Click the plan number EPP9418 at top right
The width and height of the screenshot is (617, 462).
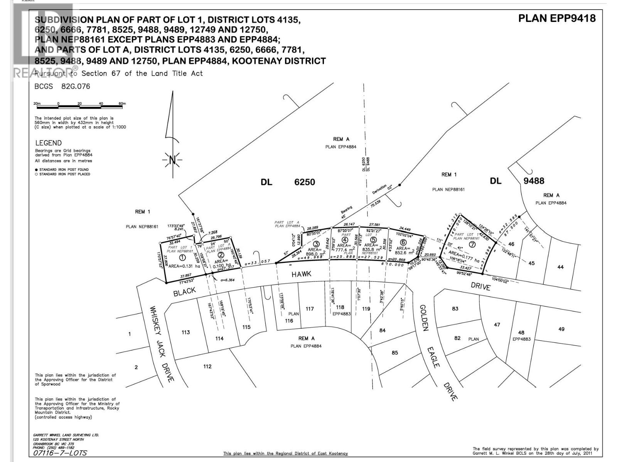pos(556,18)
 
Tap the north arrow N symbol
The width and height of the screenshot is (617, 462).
pos(172,159)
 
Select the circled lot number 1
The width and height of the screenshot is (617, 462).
pos(182,258)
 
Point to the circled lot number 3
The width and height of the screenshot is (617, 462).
pos(316,244)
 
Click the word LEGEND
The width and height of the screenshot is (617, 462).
pos(48,143)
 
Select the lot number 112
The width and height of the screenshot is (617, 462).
pos(207,366)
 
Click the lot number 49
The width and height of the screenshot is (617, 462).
pos(561,329)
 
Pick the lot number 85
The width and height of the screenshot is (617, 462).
pos(394,352)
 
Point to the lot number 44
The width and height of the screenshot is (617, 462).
pos(560,267)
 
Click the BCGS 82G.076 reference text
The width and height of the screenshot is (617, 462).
pos(62,86)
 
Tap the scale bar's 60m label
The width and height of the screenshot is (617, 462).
pos(122,104)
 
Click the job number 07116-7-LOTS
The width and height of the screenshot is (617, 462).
pos(60,453)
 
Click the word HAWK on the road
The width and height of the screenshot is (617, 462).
pos(301,274)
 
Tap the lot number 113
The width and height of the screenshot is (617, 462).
pos(185,332)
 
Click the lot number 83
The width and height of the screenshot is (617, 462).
pos(455,308)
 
